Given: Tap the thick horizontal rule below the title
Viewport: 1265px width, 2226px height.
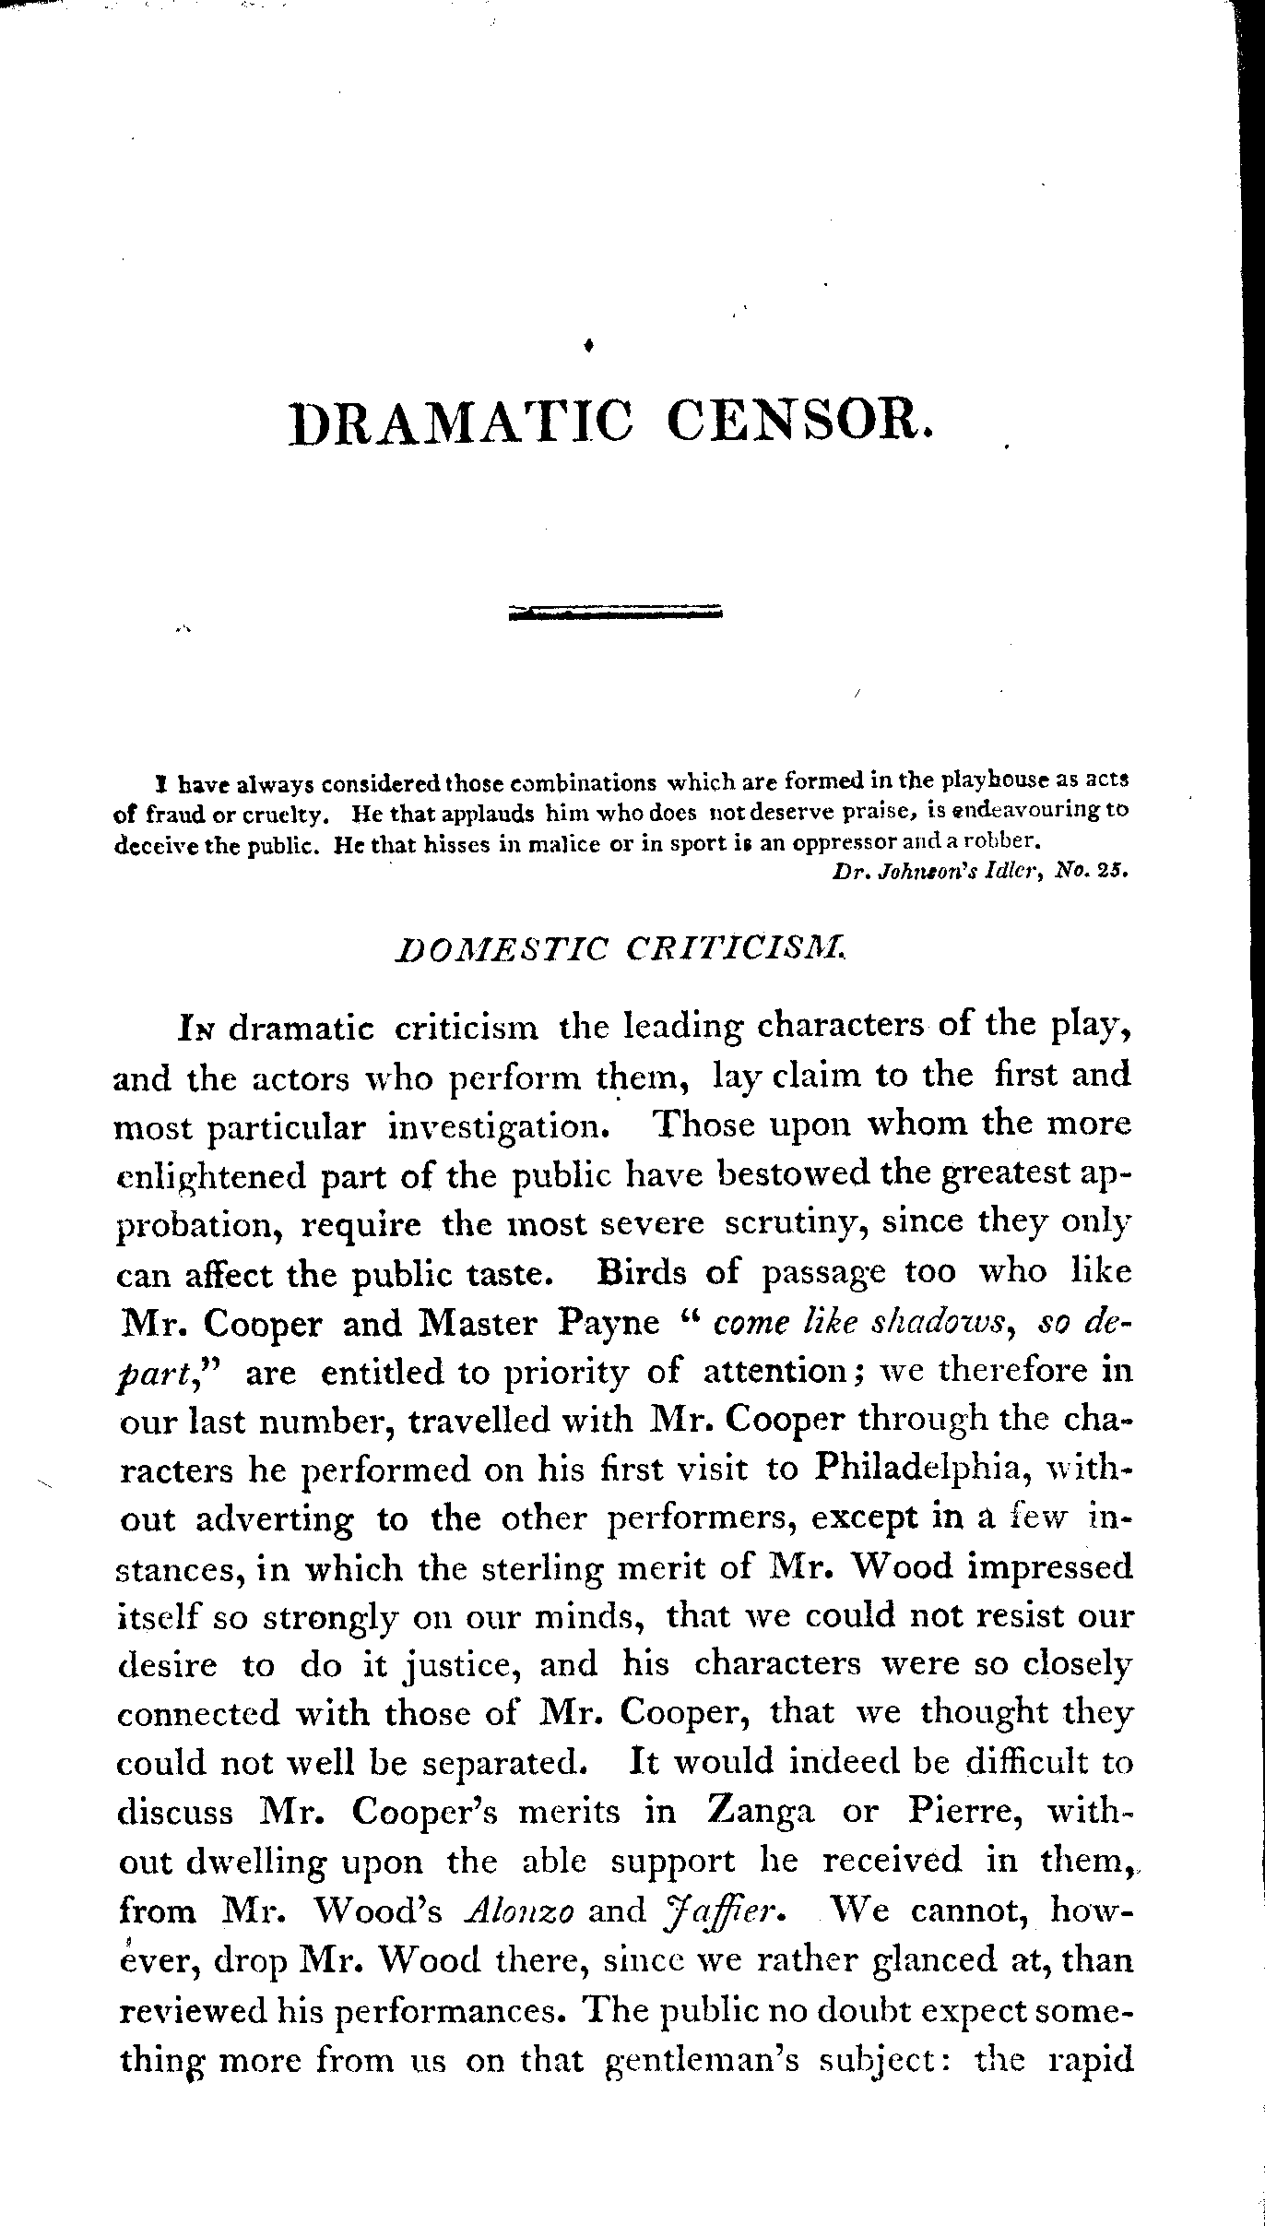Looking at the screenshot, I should coord(616,613).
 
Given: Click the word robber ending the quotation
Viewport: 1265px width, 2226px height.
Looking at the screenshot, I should coord(1002,840).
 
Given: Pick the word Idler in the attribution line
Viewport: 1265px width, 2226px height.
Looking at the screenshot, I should coord(1022,870).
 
